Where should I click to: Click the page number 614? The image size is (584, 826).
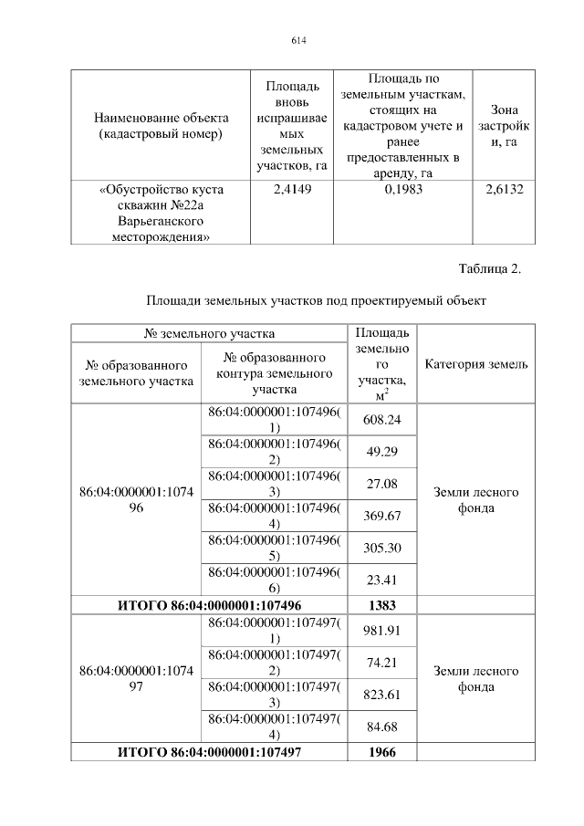[297, 40]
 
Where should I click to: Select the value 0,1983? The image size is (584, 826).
[403, 190]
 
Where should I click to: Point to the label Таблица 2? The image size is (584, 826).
[491, 268]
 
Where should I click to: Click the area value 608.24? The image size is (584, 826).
[383, 420]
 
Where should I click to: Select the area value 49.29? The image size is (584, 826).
[383, 452]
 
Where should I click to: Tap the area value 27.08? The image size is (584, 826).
[383, 483]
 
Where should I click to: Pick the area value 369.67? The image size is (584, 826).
[383, 516]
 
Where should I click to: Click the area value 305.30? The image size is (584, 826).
[383, 548]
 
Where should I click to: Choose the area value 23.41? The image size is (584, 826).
[383, 579]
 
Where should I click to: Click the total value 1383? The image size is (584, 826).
[383, 604]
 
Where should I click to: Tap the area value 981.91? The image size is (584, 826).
[383, 630]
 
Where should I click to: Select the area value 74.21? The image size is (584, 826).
[383, 662]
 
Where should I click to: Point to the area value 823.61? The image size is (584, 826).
[383, 694]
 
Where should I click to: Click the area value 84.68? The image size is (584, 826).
[383, 727]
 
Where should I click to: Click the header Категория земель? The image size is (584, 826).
[476, 364]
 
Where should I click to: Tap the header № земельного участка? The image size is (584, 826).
[210, 334]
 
